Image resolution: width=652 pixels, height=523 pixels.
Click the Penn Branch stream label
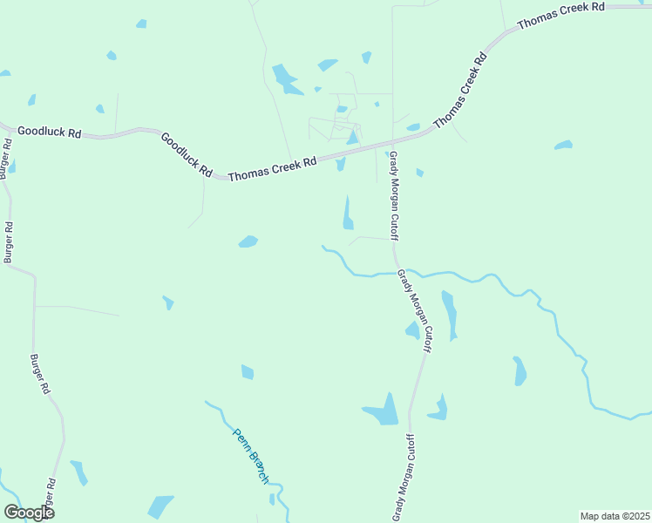(250, 456)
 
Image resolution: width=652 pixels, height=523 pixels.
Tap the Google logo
(29, 513)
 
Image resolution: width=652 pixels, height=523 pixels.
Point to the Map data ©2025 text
(615, 516)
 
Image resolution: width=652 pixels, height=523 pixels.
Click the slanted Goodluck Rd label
(186, 155)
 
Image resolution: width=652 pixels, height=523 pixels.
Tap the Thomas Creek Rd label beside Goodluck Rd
(272, 168)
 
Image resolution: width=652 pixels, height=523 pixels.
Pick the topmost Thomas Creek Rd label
(560, 17)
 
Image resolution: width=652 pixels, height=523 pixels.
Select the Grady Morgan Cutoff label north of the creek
(394, 195)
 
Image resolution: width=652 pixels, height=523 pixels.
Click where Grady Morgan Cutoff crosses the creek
(396, 272)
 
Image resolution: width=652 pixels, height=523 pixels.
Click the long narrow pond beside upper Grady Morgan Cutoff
(348, 213)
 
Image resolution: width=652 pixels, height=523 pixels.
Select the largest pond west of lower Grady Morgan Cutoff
(381, 410)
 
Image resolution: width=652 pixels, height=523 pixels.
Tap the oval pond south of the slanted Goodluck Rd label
(248, 241)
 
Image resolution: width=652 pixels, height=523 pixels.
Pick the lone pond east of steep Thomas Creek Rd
(563, 145)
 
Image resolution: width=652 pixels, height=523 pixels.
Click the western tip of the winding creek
(323, 247)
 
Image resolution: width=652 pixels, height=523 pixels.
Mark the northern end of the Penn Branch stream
(207, 402)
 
